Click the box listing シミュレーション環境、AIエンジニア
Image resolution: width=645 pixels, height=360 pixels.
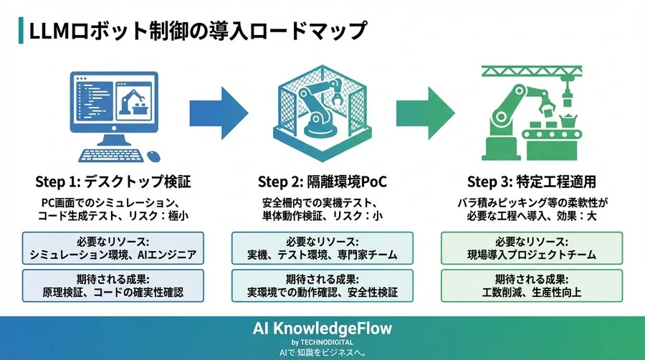113,248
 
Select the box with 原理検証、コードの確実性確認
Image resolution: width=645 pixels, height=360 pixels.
113,285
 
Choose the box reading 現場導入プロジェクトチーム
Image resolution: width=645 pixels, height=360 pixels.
532,248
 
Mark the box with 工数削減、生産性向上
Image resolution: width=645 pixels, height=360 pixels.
532,285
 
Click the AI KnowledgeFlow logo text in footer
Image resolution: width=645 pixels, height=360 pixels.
322,328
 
